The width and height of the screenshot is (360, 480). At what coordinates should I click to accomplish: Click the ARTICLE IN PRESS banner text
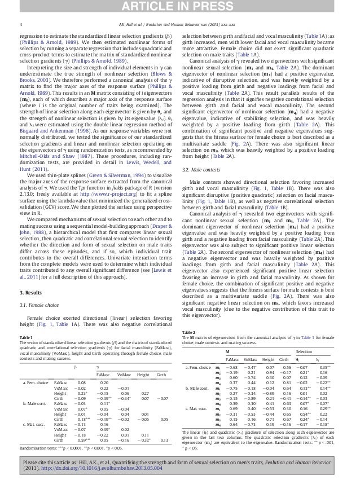pyautogui.click(x=179, y=6)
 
